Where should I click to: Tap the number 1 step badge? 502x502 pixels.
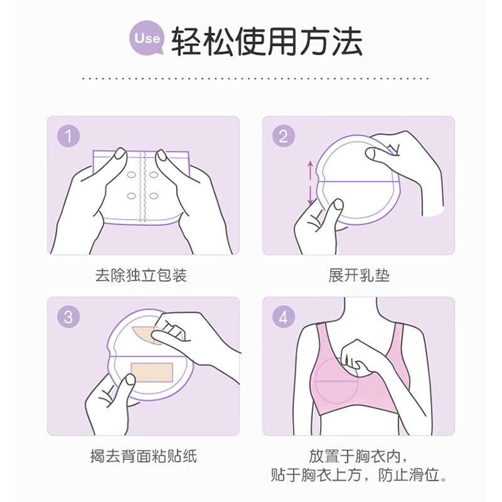tap(68, 136)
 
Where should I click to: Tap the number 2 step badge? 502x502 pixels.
tap(283, 136)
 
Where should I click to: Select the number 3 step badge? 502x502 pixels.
tap(68, 317)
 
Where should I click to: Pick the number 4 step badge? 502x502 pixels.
tap(283, 317)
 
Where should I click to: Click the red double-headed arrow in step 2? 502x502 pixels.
tap(309, 183)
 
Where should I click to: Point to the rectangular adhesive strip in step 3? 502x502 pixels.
tap(151, 373)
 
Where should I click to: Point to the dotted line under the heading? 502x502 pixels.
tap(256, 78)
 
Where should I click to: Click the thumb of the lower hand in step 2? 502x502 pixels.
tap(336, 207)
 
